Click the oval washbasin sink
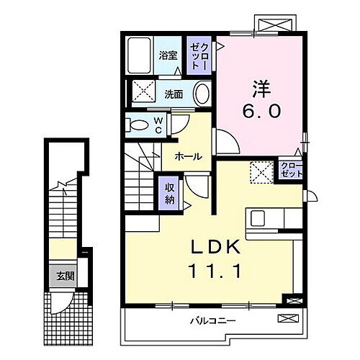pyautogui.click(x=202, y=93)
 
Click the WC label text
pyautogui.click(x=159, y=125)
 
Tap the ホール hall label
pyautogui.click(x=186, y=156)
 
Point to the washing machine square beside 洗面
pyautogui.click(x=142, y=93)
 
